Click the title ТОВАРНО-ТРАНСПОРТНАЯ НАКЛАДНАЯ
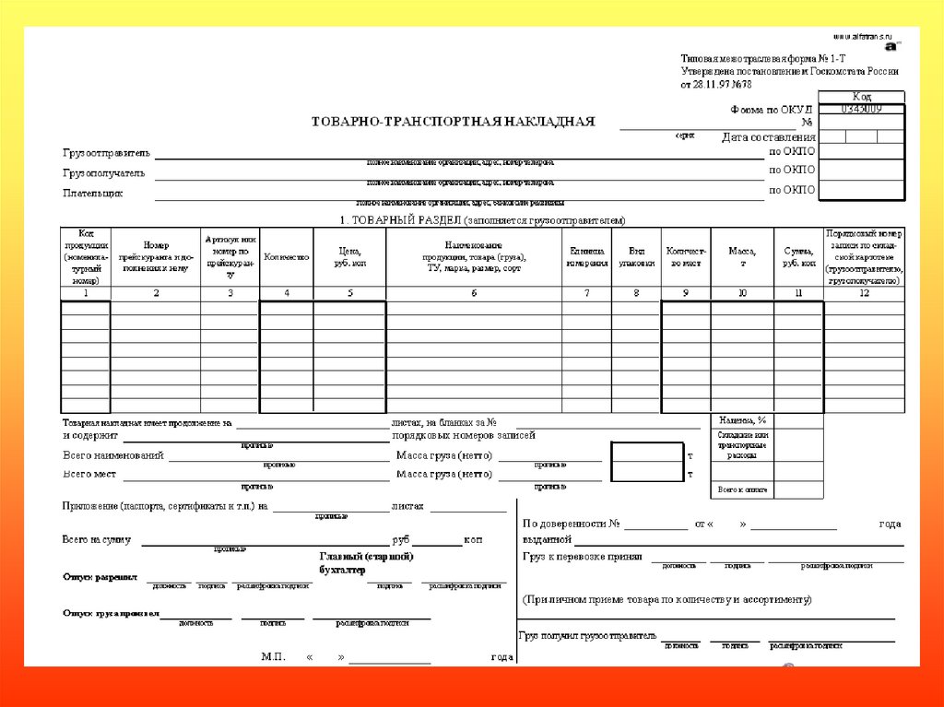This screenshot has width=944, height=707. [453, 121]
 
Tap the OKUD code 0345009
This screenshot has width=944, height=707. [861, 109]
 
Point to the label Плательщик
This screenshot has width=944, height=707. [92, 193]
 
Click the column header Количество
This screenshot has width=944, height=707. [286, 257]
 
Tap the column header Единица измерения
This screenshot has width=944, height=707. [586, 257]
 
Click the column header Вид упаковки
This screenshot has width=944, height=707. [636, 257]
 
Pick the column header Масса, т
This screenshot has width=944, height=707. [741, 257]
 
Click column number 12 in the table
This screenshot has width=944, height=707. [864, 293]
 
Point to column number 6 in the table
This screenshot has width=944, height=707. [474, 293]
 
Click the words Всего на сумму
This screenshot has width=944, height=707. [96, 539]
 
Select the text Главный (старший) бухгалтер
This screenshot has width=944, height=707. [366, 563]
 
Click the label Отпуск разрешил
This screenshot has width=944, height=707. [100, 577]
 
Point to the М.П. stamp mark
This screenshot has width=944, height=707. [274, 657]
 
